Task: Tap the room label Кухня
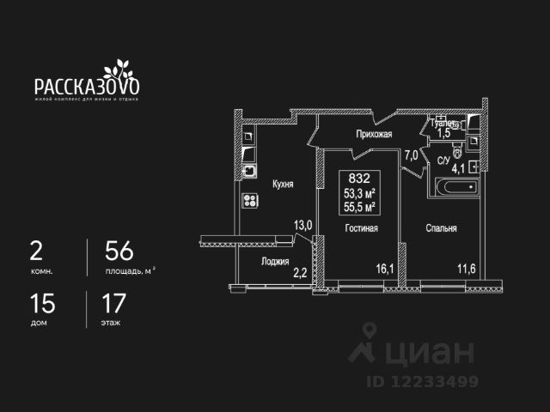(284, 184)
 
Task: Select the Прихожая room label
(375, 135)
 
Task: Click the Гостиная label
(362, 228)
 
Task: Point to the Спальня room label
(440, 228)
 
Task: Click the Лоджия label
(276, 261)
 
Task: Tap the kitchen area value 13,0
(303, 226)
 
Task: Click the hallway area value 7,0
(412, 155)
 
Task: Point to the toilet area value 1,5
(444, 133)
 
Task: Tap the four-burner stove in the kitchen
(252, 201)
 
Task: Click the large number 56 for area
(119, 251)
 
